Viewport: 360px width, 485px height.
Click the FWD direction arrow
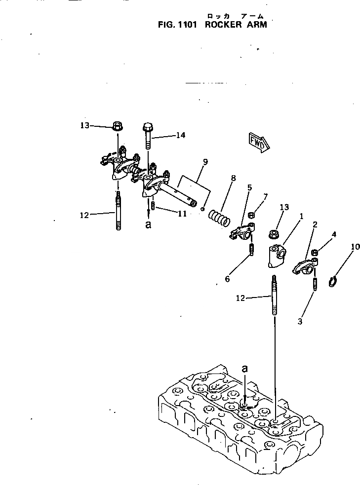[x=259, y=141]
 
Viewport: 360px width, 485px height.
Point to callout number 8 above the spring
[x=233, y=178]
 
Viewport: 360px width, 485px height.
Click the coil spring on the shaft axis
[x=218, y=217]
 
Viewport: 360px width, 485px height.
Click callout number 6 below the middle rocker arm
[x=227, y=279]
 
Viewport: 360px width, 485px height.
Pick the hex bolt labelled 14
[x=149, y=136]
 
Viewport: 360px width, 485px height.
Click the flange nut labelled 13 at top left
[x=118, y=126]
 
